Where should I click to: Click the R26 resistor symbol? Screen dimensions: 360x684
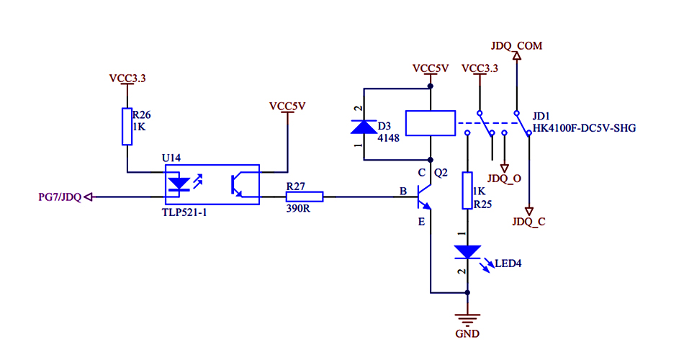tap(127, 127)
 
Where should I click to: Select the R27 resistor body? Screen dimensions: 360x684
tap(305, 196)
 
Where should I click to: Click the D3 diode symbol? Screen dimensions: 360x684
tap(364, 127)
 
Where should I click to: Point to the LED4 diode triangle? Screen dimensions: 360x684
tap(467, 252)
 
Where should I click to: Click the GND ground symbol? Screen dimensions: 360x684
tap(467, 320)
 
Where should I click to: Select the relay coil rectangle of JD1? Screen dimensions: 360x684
tap(431, 123)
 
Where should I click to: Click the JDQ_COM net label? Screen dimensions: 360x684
tap(516, 46)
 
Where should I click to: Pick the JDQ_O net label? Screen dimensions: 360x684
tap(504, 178)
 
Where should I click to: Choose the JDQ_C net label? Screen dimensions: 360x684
tap(529, 222)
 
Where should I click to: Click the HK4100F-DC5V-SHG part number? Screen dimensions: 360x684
tap(584, 128)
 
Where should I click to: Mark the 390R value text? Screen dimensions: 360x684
tap(298, 210)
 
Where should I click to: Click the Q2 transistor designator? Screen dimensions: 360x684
tap(441, 173)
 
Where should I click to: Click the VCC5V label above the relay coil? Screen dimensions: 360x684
tap(431, 68)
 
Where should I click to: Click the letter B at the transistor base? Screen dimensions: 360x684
tap(402, 192)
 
